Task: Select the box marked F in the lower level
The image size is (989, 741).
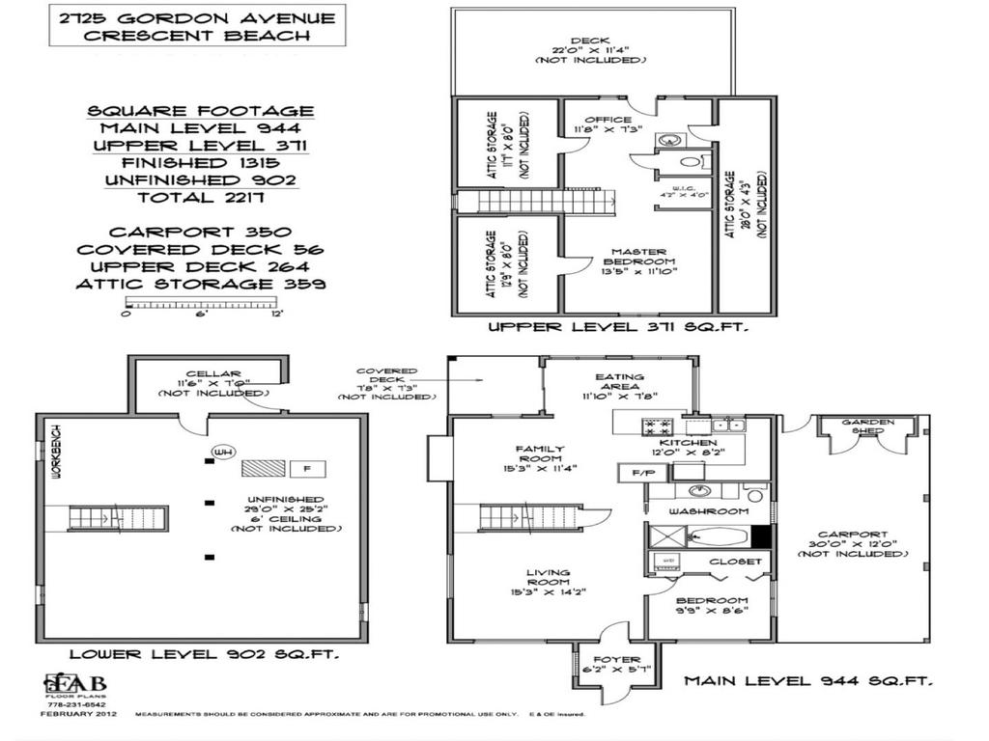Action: pyautogui.click(x=307, y=469)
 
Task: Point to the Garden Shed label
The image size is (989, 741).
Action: pyautogui.click(x=867, y=426)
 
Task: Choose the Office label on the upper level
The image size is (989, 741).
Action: pyautogui.click(x=608, y=121)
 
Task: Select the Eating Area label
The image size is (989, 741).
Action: pyautogui.click(x=619, y=377)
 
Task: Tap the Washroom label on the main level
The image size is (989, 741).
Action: pyautogui.click(x=709, y=511)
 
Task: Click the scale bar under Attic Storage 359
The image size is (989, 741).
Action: pyautogui.click(x=202, y=304)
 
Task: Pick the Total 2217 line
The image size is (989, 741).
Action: pyautogui.click(x=201, y=198)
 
